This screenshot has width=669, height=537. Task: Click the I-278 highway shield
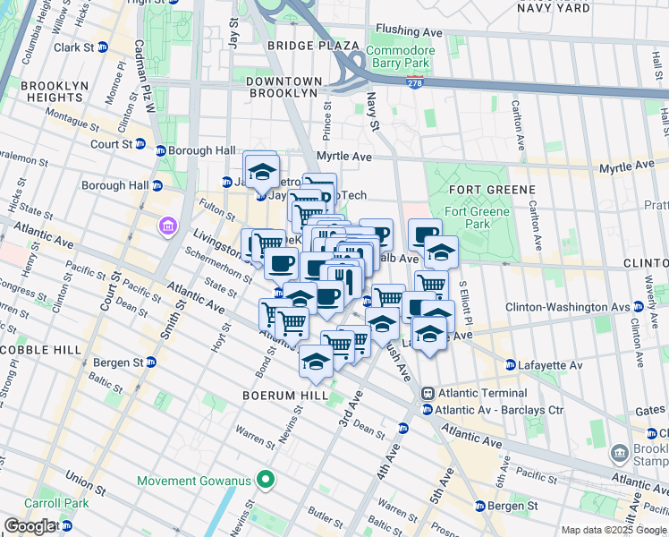(x=417, y=82)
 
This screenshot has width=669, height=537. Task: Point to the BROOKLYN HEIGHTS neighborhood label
(x=44, y=92)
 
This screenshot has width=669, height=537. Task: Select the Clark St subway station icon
(x=102, y=47)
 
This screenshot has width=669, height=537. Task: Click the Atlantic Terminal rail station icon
(x=428, y=392)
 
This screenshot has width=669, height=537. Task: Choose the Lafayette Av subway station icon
(x=511, y=364)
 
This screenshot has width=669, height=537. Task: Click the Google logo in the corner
(x=30, y=526)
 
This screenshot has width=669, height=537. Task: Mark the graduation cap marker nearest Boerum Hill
(x=315, y=360)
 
